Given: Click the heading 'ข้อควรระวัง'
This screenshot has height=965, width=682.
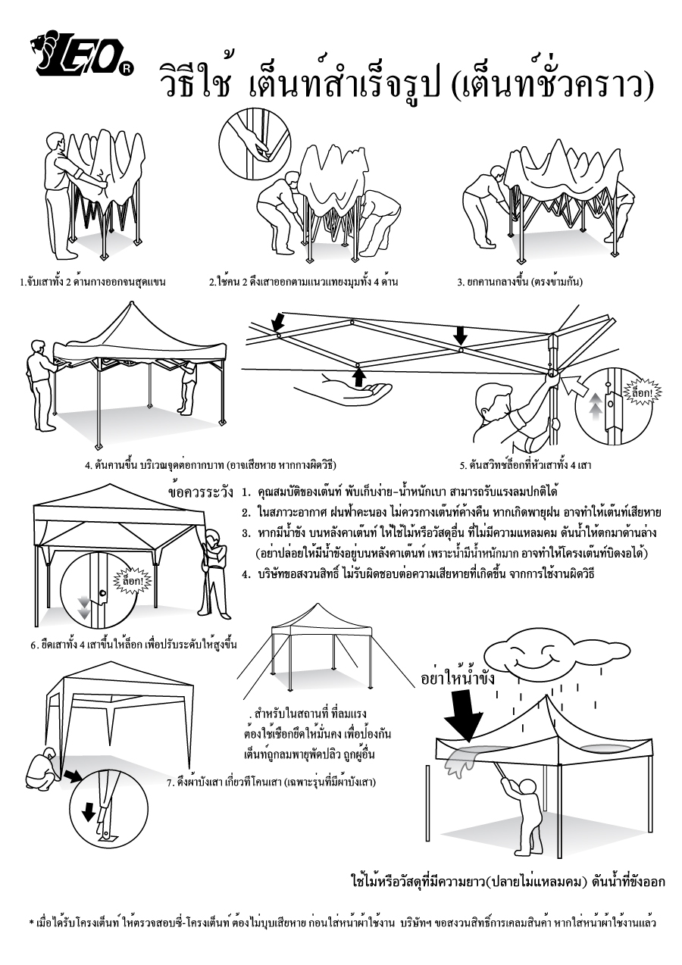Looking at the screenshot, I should pos(200,493).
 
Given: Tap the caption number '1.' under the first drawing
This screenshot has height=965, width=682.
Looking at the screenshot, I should pos(23,283).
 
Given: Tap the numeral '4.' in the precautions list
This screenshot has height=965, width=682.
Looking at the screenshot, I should pos(246,573).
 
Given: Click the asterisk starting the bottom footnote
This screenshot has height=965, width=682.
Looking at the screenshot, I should pos(32,923).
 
